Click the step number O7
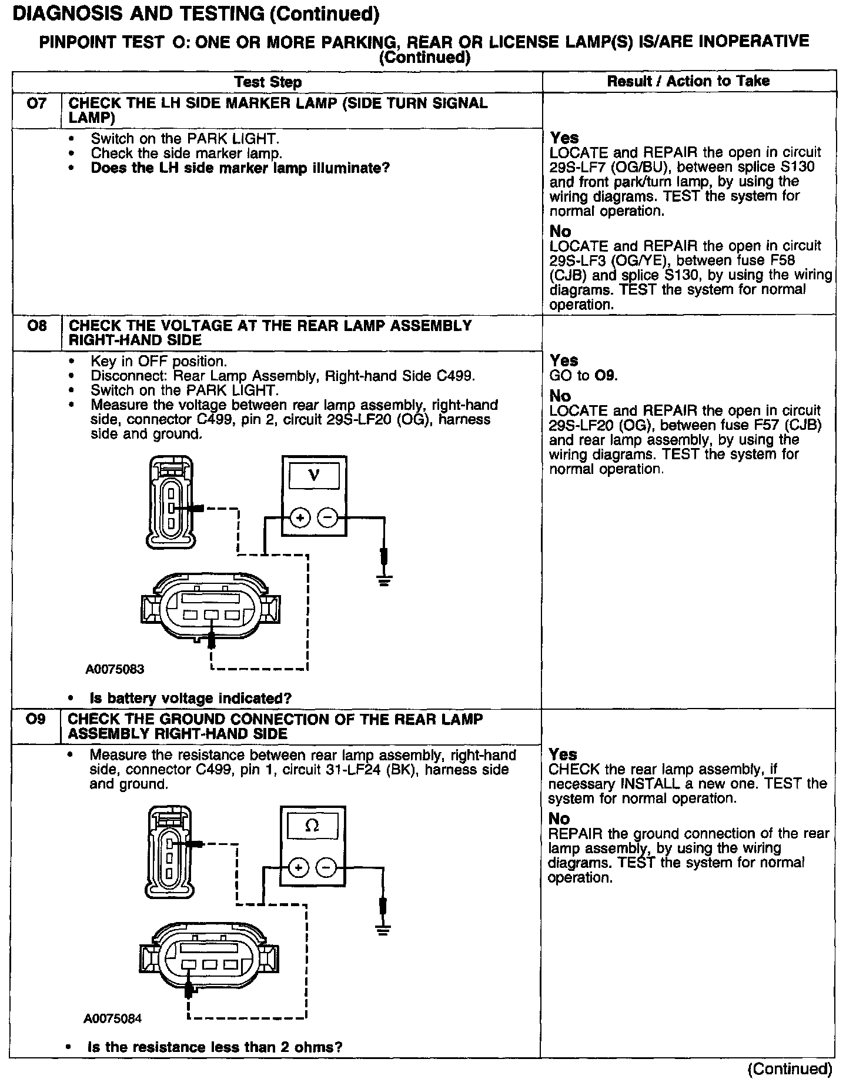36,104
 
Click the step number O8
36,326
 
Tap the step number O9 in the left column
36,719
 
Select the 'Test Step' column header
268,82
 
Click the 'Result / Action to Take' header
688,81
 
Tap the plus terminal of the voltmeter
300,517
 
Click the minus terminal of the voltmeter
327,517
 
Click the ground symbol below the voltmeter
384,582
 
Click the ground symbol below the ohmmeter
383,930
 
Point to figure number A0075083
115,669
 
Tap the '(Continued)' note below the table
789,1069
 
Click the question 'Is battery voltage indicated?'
190,699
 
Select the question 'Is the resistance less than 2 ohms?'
215,1047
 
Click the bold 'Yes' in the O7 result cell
564,138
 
